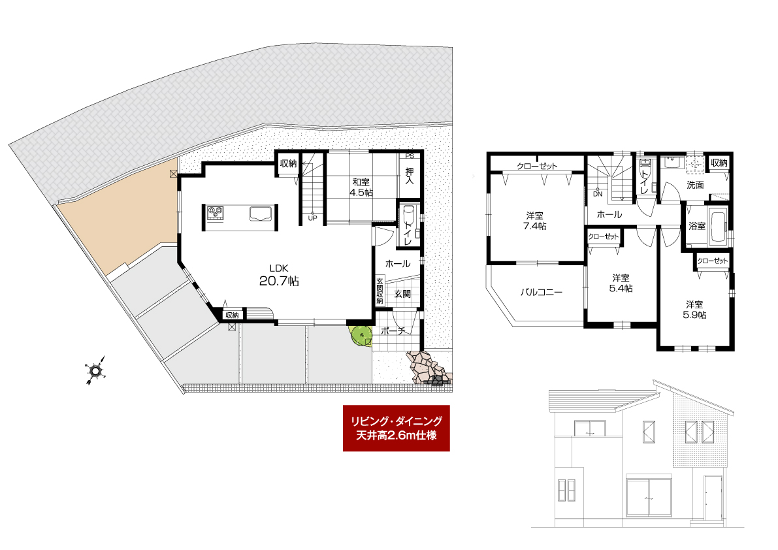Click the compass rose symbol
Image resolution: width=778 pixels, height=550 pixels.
click(95, 370)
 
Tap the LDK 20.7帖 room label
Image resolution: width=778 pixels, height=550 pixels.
click(279, 276)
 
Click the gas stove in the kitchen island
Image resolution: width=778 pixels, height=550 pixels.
click(216, 213)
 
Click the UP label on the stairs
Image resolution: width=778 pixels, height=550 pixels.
click(312, 218)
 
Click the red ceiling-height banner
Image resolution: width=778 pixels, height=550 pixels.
click(396, 428)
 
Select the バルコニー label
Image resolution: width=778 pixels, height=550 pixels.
click(542, 292)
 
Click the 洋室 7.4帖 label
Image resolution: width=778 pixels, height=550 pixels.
click(535, 221)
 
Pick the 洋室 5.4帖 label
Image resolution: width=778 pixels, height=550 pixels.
click(621, 283)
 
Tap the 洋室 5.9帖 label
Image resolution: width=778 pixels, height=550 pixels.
click(694, 310)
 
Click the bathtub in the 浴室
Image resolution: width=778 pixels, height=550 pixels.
click(717, 225)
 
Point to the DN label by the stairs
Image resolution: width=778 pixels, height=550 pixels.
click(598, 194)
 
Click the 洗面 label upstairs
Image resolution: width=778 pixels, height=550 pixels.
click(695, 185)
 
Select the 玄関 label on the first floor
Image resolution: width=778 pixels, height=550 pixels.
click(402, 294)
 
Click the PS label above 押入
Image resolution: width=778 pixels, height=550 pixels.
click(410, 155)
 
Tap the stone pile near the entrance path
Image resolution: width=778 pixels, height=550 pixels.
click(429, 368)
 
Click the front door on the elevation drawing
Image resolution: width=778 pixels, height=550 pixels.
click(713, 498)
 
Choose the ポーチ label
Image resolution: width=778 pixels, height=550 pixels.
click(393, 331)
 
